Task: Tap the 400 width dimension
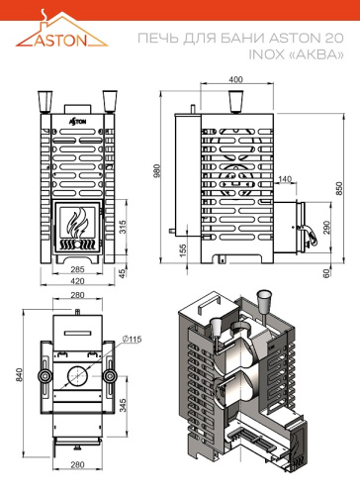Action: tap(235, 79)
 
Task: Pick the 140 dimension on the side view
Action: tap(285, 179)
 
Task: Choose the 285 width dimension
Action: tap(75, 268)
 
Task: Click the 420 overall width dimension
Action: tap(75, 280)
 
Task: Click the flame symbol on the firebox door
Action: tap(75, 236)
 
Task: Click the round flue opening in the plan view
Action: tap(75, 376)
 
